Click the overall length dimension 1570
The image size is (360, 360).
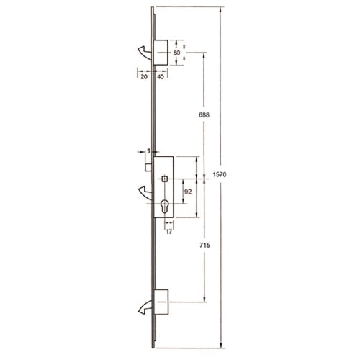220,174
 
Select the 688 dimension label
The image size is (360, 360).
204,115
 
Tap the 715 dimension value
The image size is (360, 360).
204,245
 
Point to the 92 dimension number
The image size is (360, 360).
188,192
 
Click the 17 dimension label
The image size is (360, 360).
169,232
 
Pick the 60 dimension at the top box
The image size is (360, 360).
176,53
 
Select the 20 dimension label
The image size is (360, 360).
144,77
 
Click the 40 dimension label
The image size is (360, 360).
161,77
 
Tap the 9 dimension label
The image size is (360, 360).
149,151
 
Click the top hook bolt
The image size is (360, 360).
145,52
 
